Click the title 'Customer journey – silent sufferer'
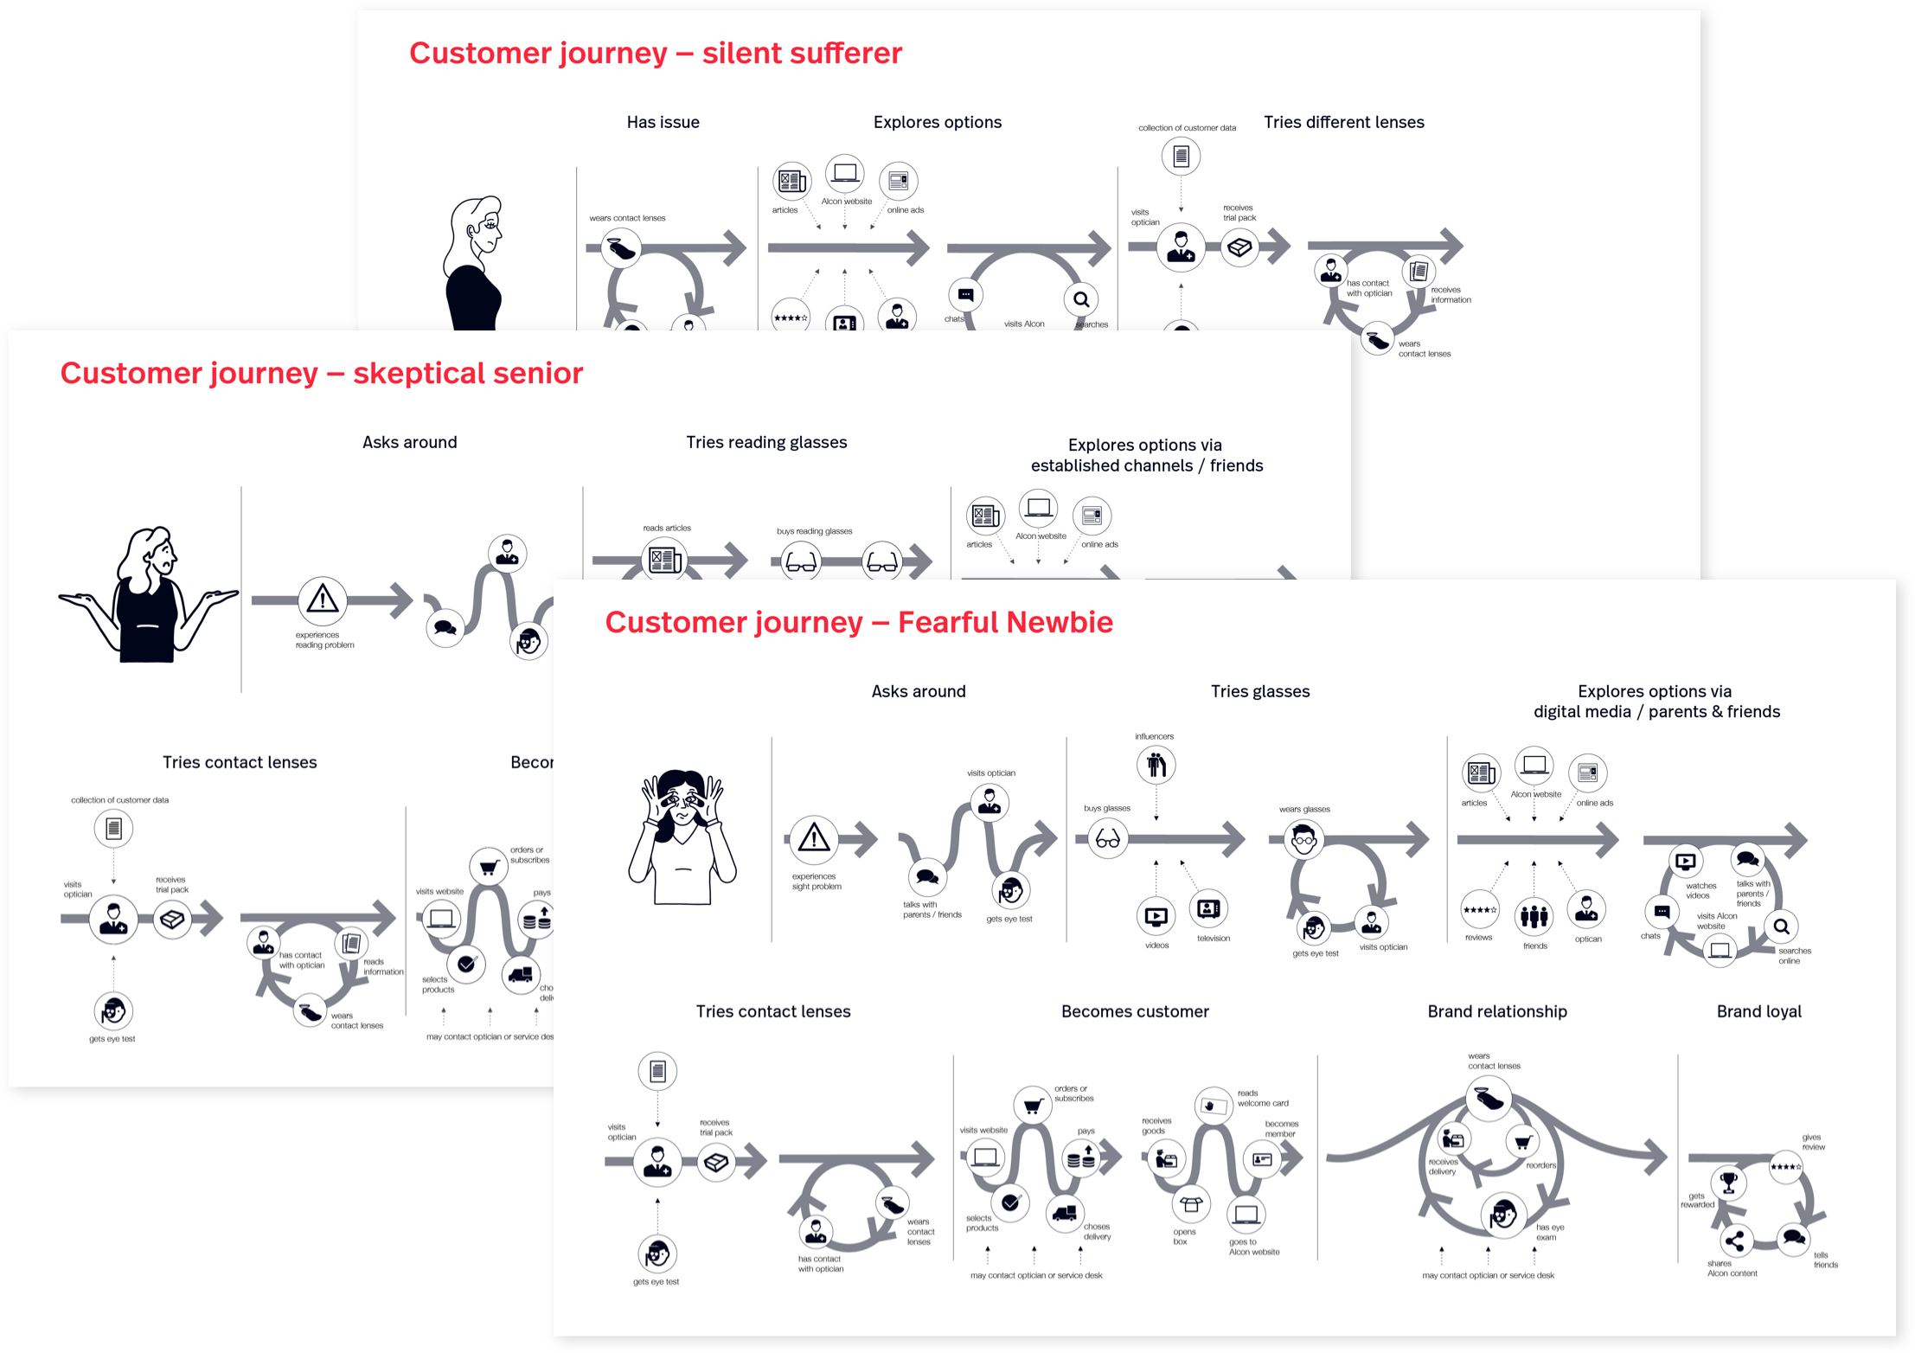[x=655, y=54]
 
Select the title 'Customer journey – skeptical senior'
[x=321, y=374]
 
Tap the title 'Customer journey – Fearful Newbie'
[x=858, y=623]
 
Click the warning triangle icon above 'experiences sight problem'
[x=813, y=838]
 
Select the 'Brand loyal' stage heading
[x=1758, y=1011]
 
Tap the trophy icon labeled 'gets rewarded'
[x=1728, y=1182]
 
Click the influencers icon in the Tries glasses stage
[x=1156, y=765]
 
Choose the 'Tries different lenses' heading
[x=1343, y=122]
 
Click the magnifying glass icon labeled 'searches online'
[x=1781, y=927]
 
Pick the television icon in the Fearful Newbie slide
[x=1208, y=909]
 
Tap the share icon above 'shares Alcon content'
[x=1734, y=1241]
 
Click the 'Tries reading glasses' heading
[x=766, y=442]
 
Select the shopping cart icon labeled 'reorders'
[x=1522, y=1142]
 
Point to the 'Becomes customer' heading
[x=1135, y=1011]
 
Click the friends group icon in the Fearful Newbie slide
[x=1534, y=916]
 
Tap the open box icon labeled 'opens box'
[x=1191, y=1203]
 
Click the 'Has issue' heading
[x=663, y=122]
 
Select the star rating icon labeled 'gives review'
[x=1785, y=1167]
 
